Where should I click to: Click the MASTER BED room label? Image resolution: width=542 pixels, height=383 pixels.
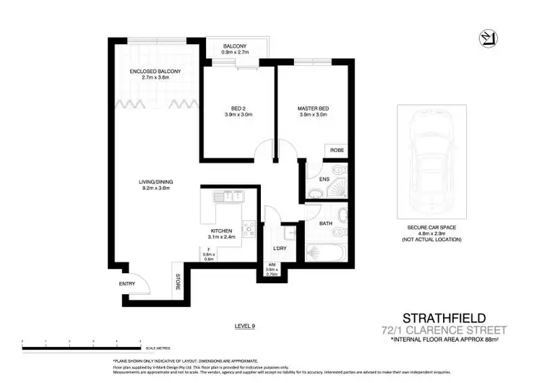tap(313, 108)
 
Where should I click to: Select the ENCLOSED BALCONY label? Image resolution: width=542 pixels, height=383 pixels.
tap(155, 72)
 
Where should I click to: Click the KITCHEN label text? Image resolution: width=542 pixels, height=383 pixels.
tap(221, 231)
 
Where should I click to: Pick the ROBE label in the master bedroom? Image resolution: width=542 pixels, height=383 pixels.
tap(337, 150)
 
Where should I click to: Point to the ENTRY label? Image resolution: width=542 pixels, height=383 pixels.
tap(127, 283)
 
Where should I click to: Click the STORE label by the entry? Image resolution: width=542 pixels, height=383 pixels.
tap(177, 280)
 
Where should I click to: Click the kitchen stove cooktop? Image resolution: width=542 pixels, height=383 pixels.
tap(248, 230)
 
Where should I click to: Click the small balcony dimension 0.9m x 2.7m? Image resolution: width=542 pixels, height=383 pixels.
tap(236, 53)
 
